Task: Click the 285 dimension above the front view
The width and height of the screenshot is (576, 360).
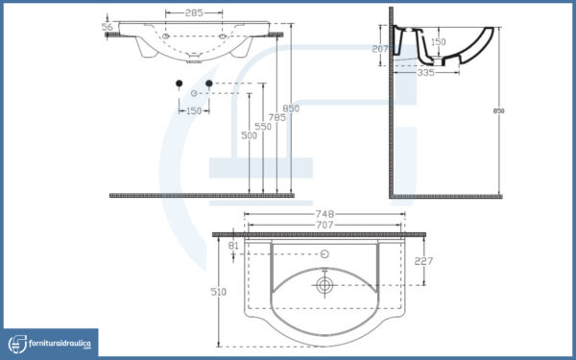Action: click(x=194, y=13)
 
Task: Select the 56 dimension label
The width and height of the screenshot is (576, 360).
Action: click(x=107, y=27)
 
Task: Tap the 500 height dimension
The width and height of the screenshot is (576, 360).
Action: click(x=249, y=135)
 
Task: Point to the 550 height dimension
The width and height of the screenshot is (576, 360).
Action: click(x=263, y=127)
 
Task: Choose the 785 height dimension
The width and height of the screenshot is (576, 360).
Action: click(x=277, y=117)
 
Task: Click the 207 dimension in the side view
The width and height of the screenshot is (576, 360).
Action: click(x=380, y=49)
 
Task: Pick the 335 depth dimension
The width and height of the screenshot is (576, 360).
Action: click(x=425, y=73)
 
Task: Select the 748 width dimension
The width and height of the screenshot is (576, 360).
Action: click(x=324, y=214)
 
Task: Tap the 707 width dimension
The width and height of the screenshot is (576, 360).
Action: click(x=324, y=225)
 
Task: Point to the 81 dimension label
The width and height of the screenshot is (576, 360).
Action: click(x=233, y=246)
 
